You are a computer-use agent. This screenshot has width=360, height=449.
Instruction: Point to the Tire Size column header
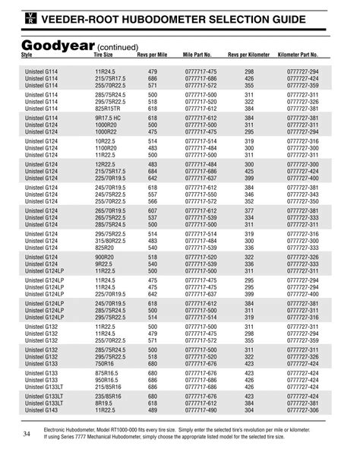click(103, 55)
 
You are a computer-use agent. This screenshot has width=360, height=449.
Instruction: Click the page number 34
click(27, 434)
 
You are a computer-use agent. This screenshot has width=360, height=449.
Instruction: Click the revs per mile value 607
click(153, 210)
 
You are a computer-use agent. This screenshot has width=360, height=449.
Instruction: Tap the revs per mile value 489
click(153, 411)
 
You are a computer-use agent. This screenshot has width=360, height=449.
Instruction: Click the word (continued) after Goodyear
click(115, 47)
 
